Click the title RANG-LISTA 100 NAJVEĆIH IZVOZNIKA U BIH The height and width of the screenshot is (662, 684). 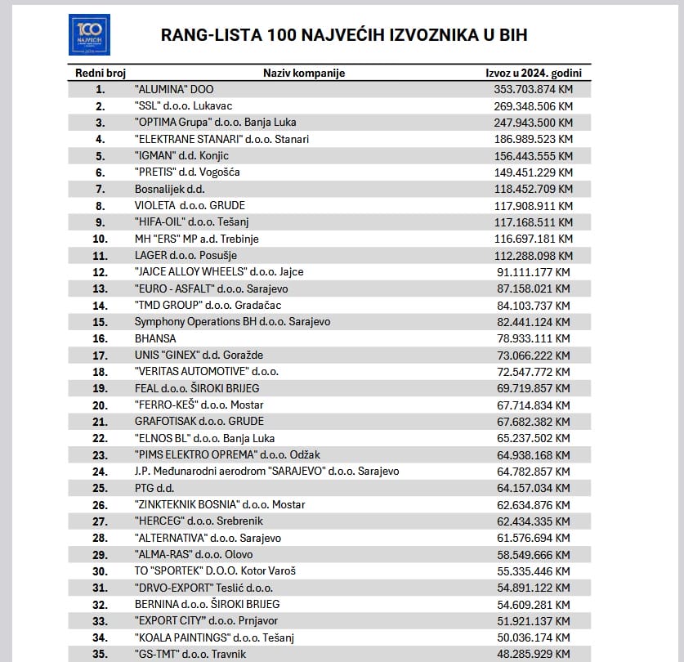pyautogui.click(x=343, y=35)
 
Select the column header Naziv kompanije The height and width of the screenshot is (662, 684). pyautogui.click(x=304, y=73)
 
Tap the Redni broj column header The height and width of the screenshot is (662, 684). pyautogui.click(x=101, y=73)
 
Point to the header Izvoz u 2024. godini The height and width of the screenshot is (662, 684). pyautogui.click(x=528, y=73)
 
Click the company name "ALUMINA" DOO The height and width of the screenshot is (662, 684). pyautogui.click(x=173, y=89)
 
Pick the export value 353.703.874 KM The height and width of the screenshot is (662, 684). pyautogui.click(x=529, y=89)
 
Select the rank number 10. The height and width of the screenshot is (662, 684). pyautogui.click(x=101, y=239)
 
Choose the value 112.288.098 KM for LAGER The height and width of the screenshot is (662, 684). pyautogui.click(x=529, y=255)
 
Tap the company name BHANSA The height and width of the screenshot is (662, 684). pyautogui.click(x=155, y=338)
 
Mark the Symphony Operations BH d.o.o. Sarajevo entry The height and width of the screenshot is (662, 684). pyautogui.click(x=232, y=322)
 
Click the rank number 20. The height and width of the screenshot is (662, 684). pyautogui.click(x=101, y=405)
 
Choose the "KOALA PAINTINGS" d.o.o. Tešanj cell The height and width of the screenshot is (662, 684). pyautogui.click(x=213, y=637)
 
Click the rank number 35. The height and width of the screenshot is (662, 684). pyautogui.click(x=101, y=654)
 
